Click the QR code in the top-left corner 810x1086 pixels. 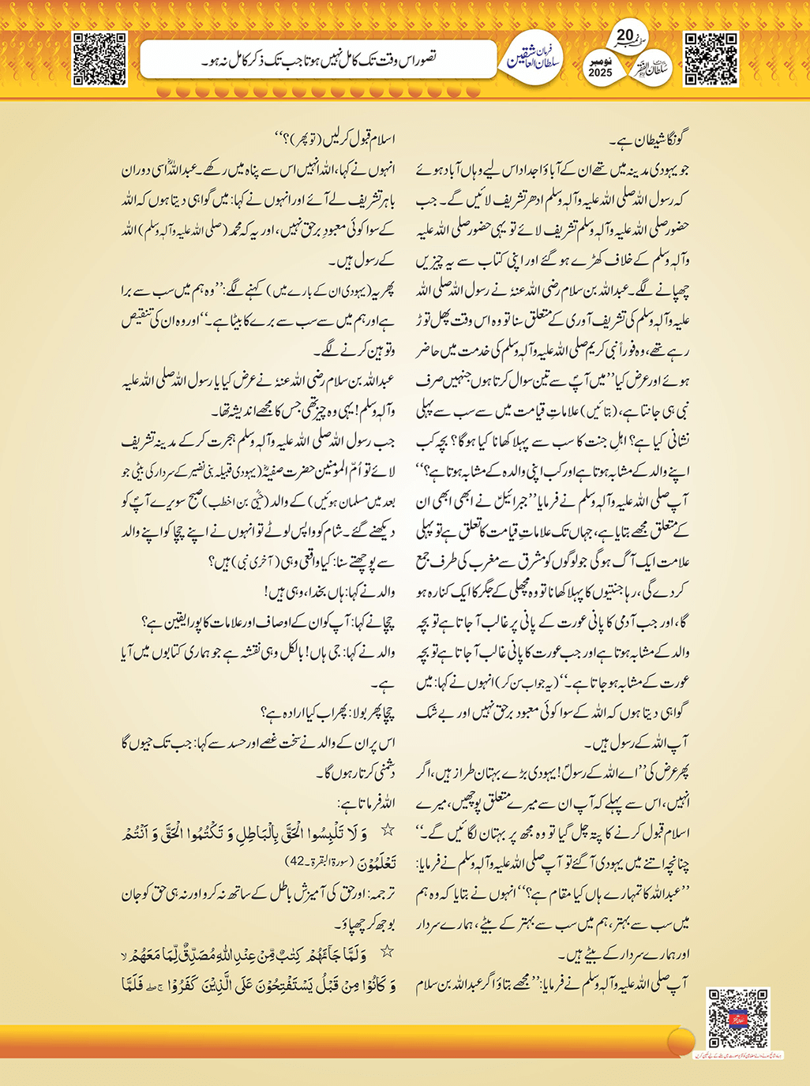(x=99, y=59)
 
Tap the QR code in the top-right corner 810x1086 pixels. (x=711, y=59)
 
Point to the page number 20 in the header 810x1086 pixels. (x=624, y=36)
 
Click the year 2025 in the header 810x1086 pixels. (x=600, y=73)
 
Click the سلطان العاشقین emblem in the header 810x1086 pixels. (x=534, y=59)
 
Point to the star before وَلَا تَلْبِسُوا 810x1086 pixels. (x=388, y=829)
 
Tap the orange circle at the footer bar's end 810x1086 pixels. (x=681, y=1040)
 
